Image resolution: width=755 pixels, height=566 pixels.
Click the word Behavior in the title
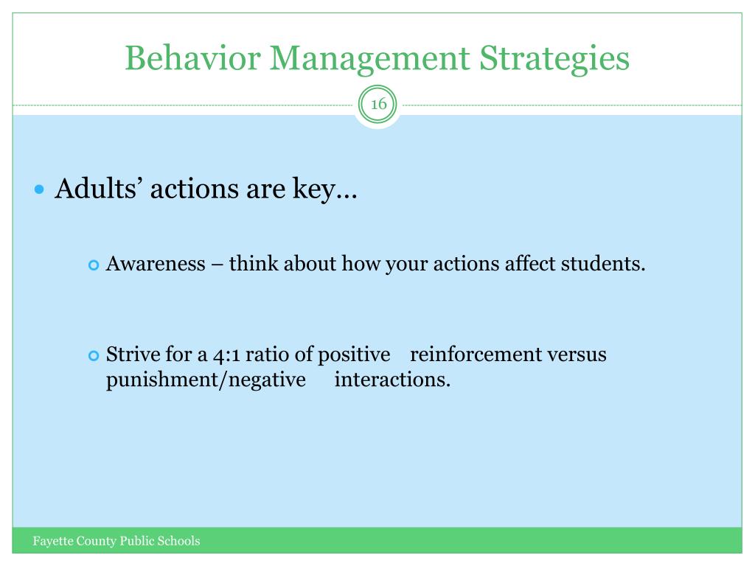point(192,57)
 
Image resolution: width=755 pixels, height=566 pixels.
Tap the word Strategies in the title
point(554,60)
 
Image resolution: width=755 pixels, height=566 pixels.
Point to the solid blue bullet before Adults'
point(40,189)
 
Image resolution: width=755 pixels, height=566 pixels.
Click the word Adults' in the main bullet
point(98,188)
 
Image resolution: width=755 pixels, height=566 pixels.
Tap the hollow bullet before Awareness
point(94,265)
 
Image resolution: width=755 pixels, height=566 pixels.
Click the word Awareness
point(156,264)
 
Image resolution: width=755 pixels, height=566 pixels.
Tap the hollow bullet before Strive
point(94,356)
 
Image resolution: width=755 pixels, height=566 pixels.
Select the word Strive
point(133,354)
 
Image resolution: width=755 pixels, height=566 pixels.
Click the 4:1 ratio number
point(226,355)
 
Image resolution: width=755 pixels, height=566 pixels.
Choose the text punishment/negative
point(206,380)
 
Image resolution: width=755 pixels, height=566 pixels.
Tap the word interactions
point(392,380)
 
